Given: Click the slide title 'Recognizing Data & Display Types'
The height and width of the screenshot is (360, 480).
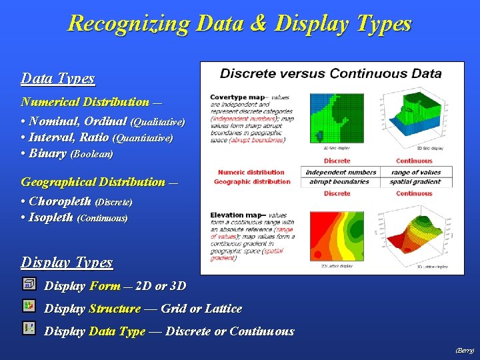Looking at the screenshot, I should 239,24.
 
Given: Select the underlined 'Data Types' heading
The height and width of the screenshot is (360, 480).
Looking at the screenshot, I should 57,79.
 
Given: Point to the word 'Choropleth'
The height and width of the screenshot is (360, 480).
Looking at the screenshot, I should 61,201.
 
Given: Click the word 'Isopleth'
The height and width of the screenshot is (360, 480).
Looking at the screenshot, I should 51,217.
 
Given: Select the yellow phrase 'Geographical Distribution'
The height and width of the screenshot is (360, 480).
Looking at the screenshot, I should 93,182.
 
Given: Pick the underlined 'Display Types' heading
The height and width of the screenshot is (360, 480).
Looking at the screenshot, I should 67,263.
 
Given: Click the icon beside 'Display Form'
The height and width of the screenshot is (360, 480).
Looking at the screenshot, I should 29,285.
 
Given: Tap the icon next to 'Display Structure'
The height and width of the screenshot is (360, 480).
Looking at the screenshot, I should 29,306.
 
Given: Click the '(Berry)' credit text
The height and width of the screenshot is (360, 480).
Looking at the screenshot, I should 464,350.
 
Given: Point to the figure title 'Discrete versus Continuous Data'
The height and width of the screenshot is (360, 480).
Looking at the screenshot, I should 331,73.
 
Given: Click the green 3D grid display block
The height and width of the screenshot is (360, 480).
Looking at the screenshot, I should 413,117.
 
